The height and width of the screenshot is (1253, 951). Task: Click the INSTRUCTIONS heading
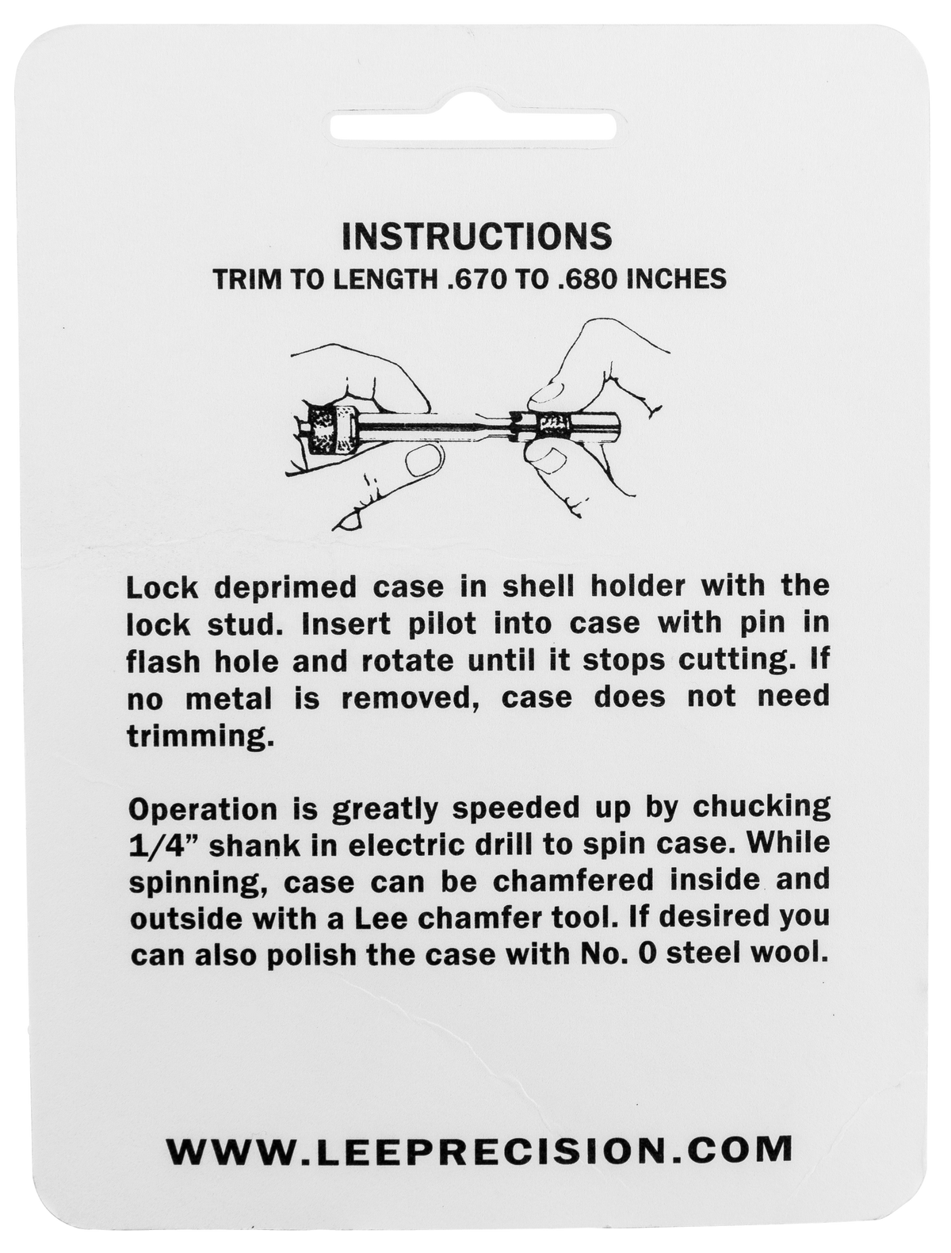(476, 237)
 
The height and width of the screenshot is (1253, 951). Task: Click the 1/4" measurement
(163, 844)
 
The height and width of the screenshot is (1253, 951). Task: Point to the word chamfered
(574, 881)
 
